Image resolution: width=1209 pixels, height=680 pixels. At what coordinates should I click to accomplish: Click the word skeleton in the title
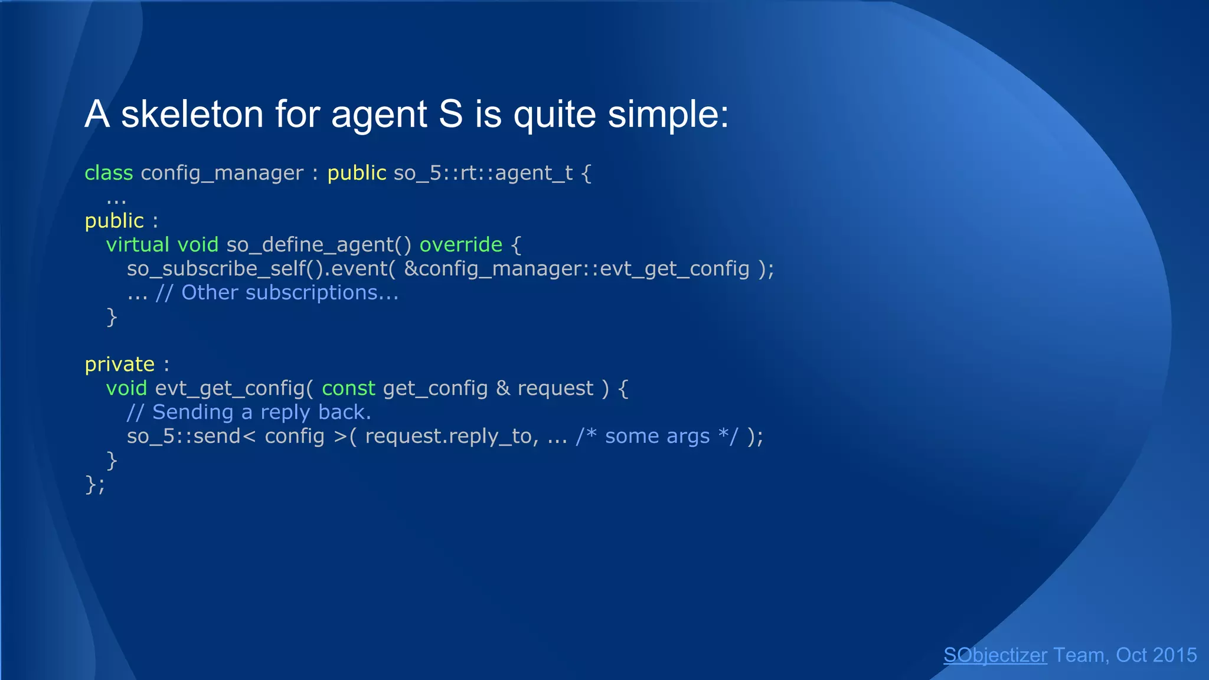point(192,114)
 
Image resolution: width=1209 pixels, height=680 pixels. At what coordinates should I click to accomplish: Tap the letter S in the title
point(450,114)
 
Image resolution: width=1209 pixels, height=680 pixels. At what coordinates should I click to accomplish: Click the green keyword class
point(109,173)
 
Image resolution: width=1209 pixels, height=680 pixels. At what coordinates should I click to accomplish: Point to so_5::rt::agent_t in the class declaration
point(483,173)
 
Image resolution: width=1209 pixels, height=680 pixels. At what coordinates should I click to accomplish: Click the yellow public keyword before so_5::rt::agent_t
point(357,173)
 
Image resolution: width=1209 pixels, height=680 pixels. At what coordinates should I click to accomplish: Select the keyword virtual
point(138,244)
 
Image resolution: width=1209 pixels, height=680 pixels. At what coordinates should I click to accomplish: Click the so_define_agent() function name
point(318,244)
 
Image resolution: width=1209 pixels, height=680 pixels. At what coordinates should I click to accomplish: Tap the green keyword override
point(460,244)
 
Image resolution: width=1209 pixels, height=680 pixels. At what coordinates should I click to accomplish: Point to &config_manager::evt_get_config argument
point(576,269)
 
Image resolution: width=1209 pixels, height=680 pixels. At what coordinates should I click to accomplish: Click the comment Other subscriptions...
point(289,293)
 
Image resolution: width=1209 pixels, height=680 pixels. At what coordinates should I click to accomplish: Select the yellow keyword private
point(119,364)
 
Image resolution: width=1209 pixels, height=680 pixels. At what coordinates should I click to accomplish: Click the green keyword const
point(348,388)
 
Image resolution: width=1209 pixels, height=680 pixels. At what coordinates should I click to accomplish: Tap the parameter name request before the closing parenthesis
point(555,388)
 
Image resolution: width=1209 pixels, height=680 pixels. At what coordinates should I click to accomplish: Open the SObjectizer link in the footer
point(995,655)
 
